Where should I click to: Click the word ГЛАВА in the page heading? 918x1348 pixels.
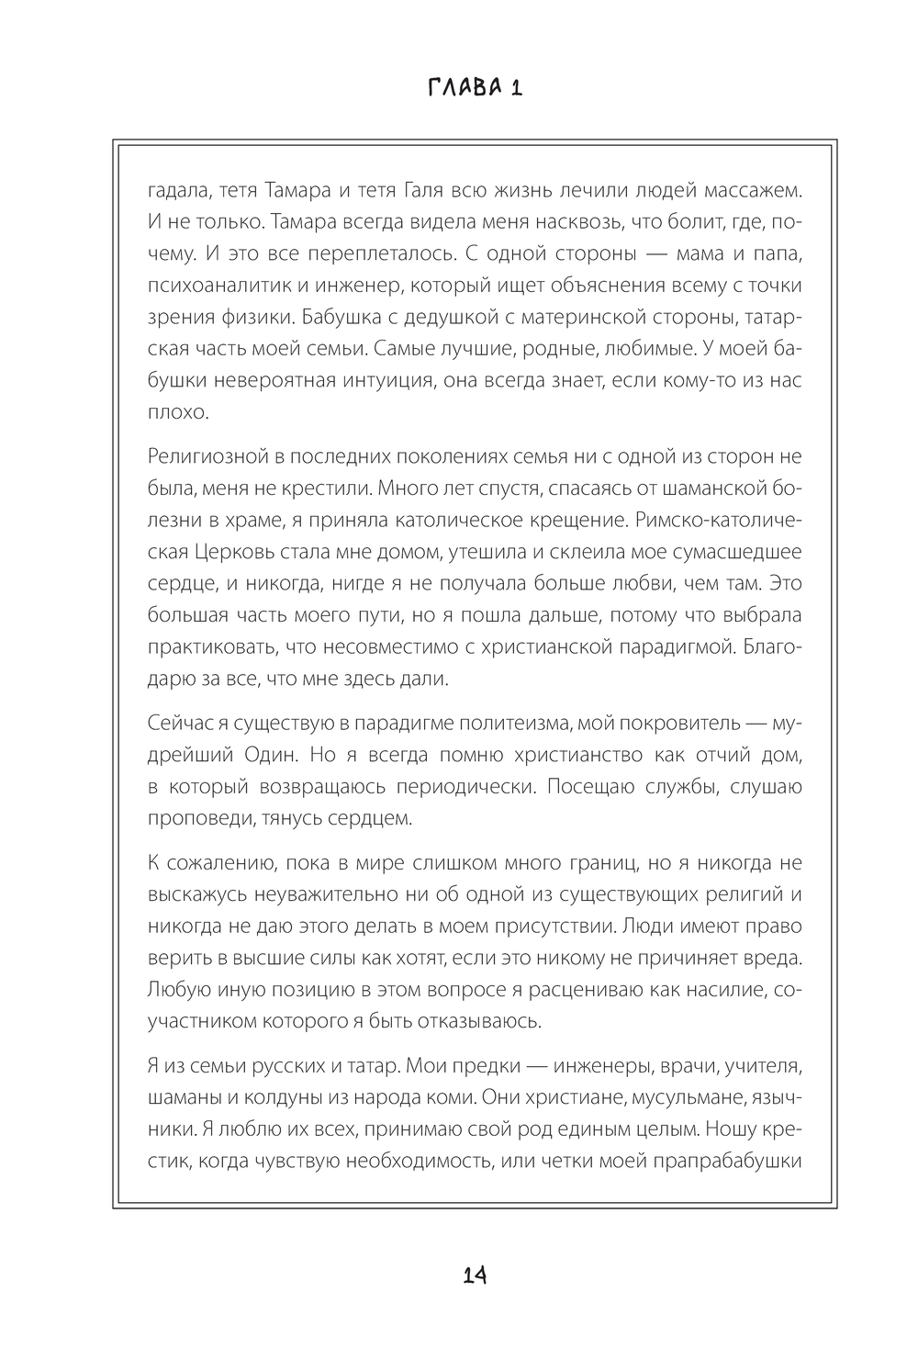(456, 88)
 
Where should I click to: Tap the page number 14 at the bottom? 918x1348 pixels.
(475, 1275)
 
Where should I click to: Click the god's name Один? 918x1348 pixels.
(271, 755)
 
